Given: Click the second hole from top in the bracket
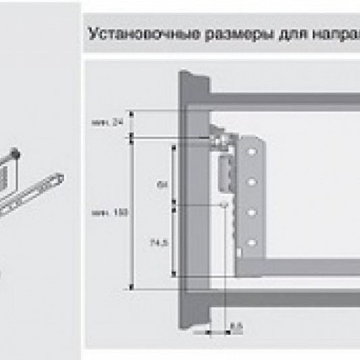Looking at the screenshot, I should pyautogui.click(x=252, y=182).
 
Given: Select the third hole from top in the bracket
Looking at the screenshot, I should pyautogui.click(x=252, y=212).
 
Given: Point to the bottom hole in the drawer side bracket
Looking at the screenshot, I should pyautogui.click(x=252, y=241).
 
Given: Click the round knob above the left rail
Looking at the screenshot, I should pyautogui.click(x=15, y=155).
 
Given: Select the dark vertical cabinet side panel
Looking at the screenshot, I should pyautogui.click(x=192, y=203).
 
